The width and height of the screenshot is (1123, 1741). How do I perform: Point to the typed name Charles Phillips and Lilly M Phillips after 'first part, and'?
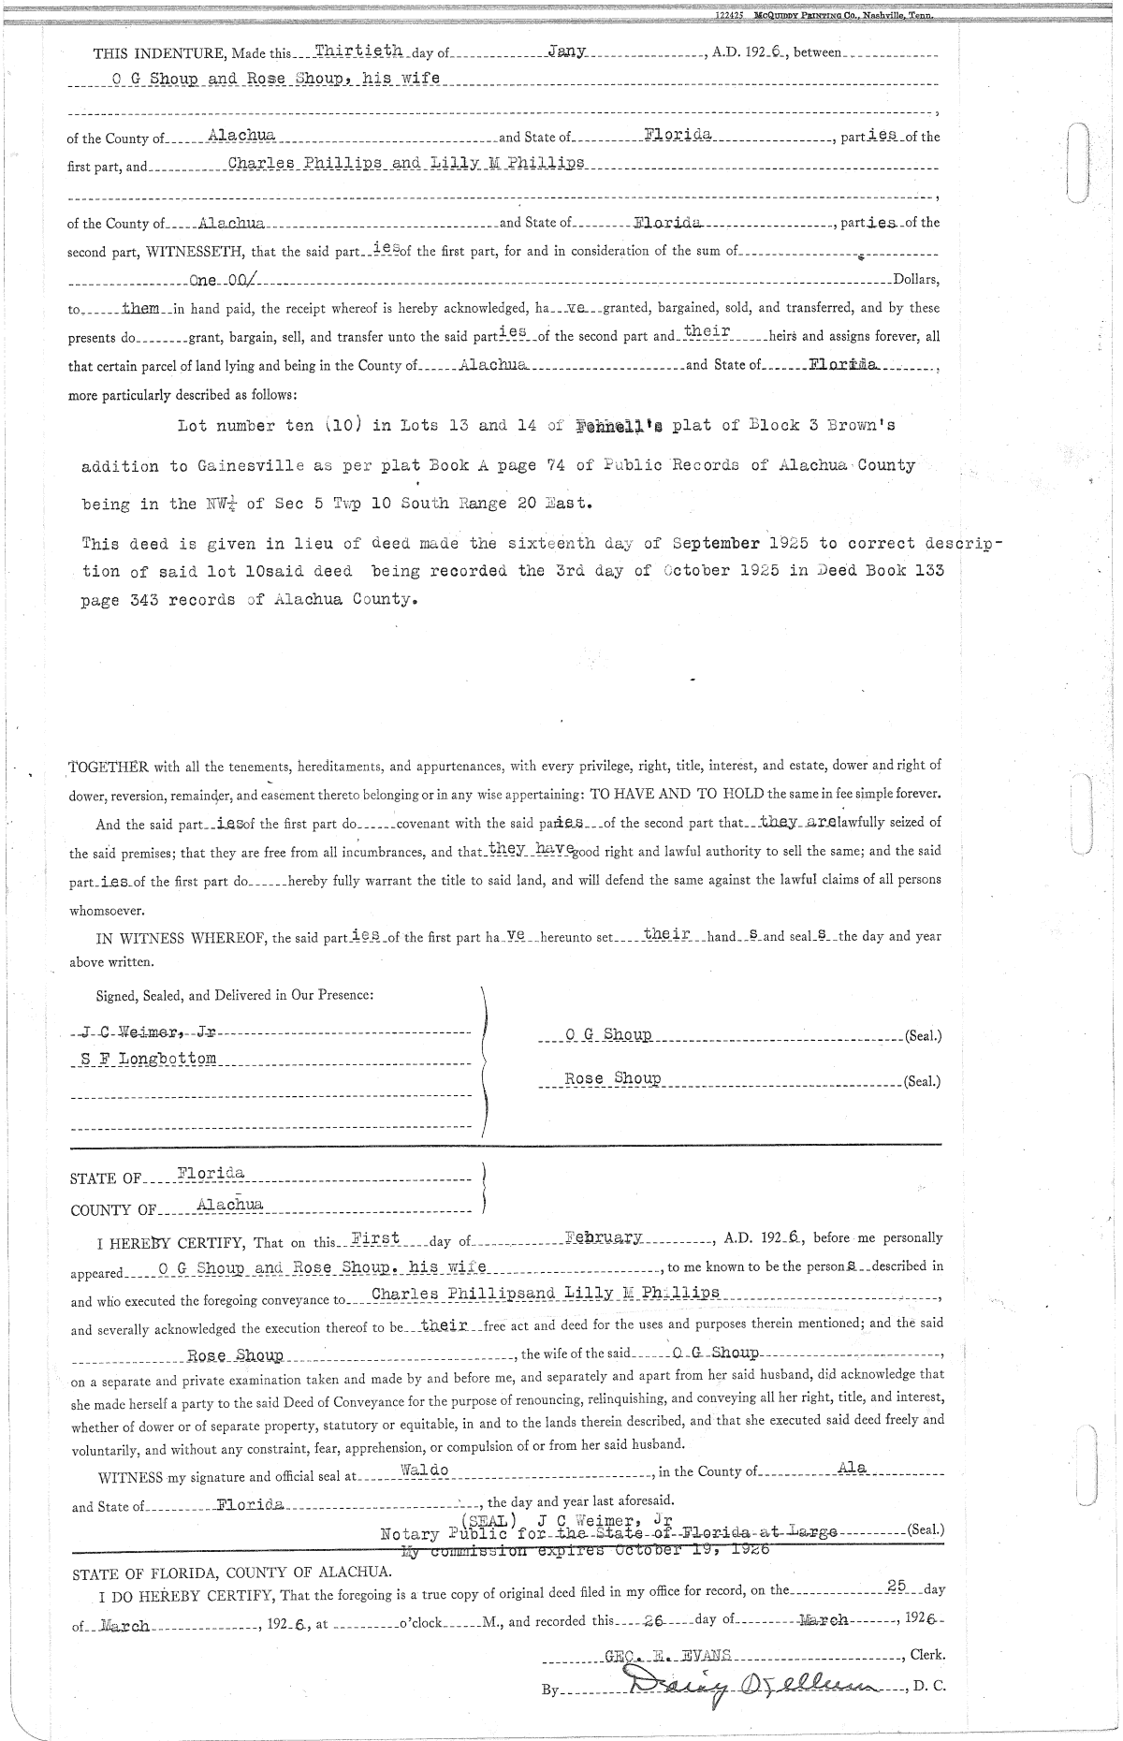pyautogui.click(x=406, y=163)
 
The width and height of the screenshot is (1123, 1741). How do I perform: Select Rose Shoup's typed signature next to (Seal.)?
pyautogui.click(x=613, y=1078)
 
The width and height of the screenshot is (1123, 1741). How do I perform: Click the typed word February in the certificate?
pyautogui.click(x=605, y=1237)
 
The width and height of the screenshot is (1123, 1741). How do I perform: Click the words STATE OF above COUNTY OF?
pyautogui.click(x=106, y=1178)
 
